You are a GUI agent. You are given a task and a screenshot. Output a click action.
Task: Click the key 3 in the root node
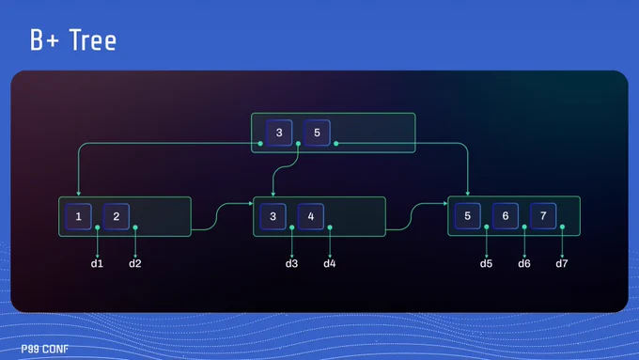tap(279, 133)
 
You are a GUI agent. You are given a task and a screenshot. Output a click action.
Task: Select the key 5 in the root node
tap(317, 133)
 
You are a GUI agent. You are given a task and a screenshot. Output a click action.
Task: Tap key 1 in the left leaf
tap(78, 216)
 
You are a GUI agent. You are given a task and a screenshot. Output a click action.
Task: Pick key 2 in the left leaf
tap(117, 216)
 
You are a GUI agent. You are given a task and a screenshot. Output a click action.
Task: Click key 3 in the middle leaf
tap(273, 216)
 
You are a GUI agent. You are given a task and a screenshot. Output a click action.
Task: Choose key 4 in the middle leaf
tap(310, 216)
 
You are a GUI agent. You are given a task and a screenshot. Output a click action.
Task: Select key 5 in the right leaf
tap(467, 215)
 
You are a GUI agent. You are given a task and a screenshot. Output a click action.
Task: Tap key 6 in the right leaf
tap(506, 215)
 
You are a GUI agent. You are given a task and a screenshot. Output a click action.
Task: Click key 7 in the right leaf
tap(543, 215)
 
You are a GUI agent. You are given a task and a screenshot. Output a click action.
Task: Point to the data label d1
tap(97, 264)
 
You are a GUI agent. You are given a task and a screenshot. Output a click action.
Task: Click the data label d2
tap(135, 264)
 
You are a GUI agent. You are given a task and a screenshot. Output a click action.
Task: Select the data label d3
tap(291, 264)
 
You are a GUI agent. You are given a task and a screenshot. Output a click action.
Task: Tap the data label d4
tap(329, 264)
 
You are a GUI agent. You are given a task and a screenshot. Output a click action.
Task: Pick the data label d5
tap(486, 264)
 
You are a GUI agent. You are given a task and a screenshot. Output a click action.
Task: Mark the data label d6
tap(524, 264)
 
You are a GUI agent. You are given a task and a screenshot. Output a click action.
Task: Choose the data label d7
tap(562, 264)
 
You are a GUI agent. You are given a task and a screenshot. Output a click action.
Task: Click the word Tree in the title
tap(93, 40)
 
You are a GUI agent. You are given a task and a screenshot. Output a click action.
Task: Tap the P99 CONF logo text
tap(45, 349)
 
